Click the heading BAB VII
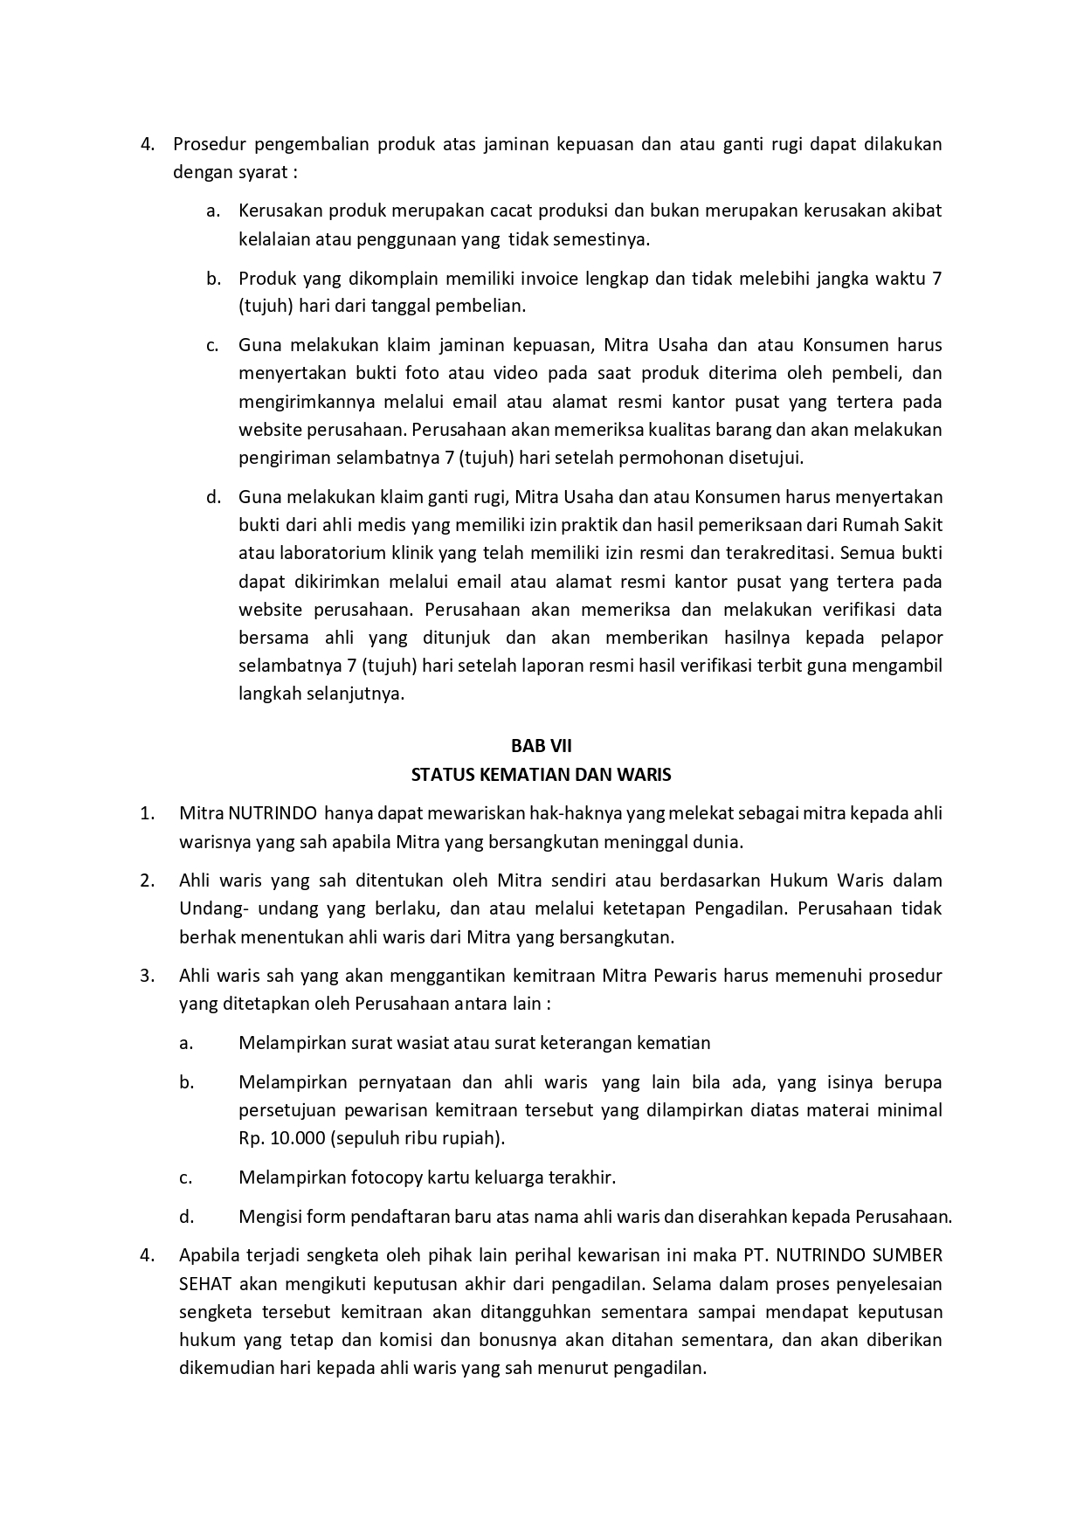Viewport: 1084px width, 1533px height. point(541,745)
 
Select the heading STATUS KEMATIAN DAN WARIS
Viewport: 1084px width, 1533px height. point(541,774)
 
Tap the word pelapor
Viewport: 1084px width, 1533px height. point(912,638)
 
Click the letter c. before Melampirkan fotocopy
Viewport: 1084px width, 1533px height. point(185,1177)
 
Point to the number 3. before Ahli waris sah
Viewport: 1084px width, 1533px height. point(147,975)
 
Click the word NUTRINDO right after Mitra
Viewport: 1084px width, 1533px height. point(272,813)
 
